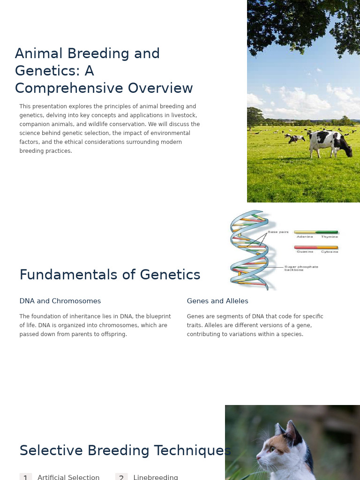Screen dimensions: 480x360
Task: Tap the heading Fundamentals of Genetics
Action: point(110,275)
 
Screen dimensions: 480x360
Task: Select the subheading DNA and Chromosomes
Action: point(60,301)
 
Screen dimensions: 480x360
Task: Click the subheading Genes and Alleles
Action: point(217,301)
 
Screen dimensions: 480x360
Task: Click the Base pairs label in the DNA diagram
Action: point(278,232)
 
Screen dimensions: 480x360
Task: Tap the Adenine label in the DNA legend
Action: point(305,237)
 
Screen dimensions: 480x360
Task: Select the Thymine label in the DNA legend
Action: point(329,237)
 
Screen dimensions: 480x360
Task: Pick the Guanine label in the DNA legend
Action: point(305,252)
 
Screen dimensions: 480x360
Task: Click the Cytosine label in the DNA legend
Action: point(329,252)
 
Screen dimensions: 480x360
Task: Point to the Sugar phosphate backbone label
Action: point(301,268)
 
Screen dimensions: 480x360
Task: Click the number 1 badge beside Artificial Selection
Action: point(26,477)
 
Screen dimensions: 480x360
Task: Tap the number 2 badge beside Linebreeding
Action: point(121,477)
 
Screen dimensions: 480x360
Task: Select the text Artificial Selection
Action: point(68,477)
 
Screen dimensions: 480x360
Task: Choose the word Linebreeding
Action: point(156,477)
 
